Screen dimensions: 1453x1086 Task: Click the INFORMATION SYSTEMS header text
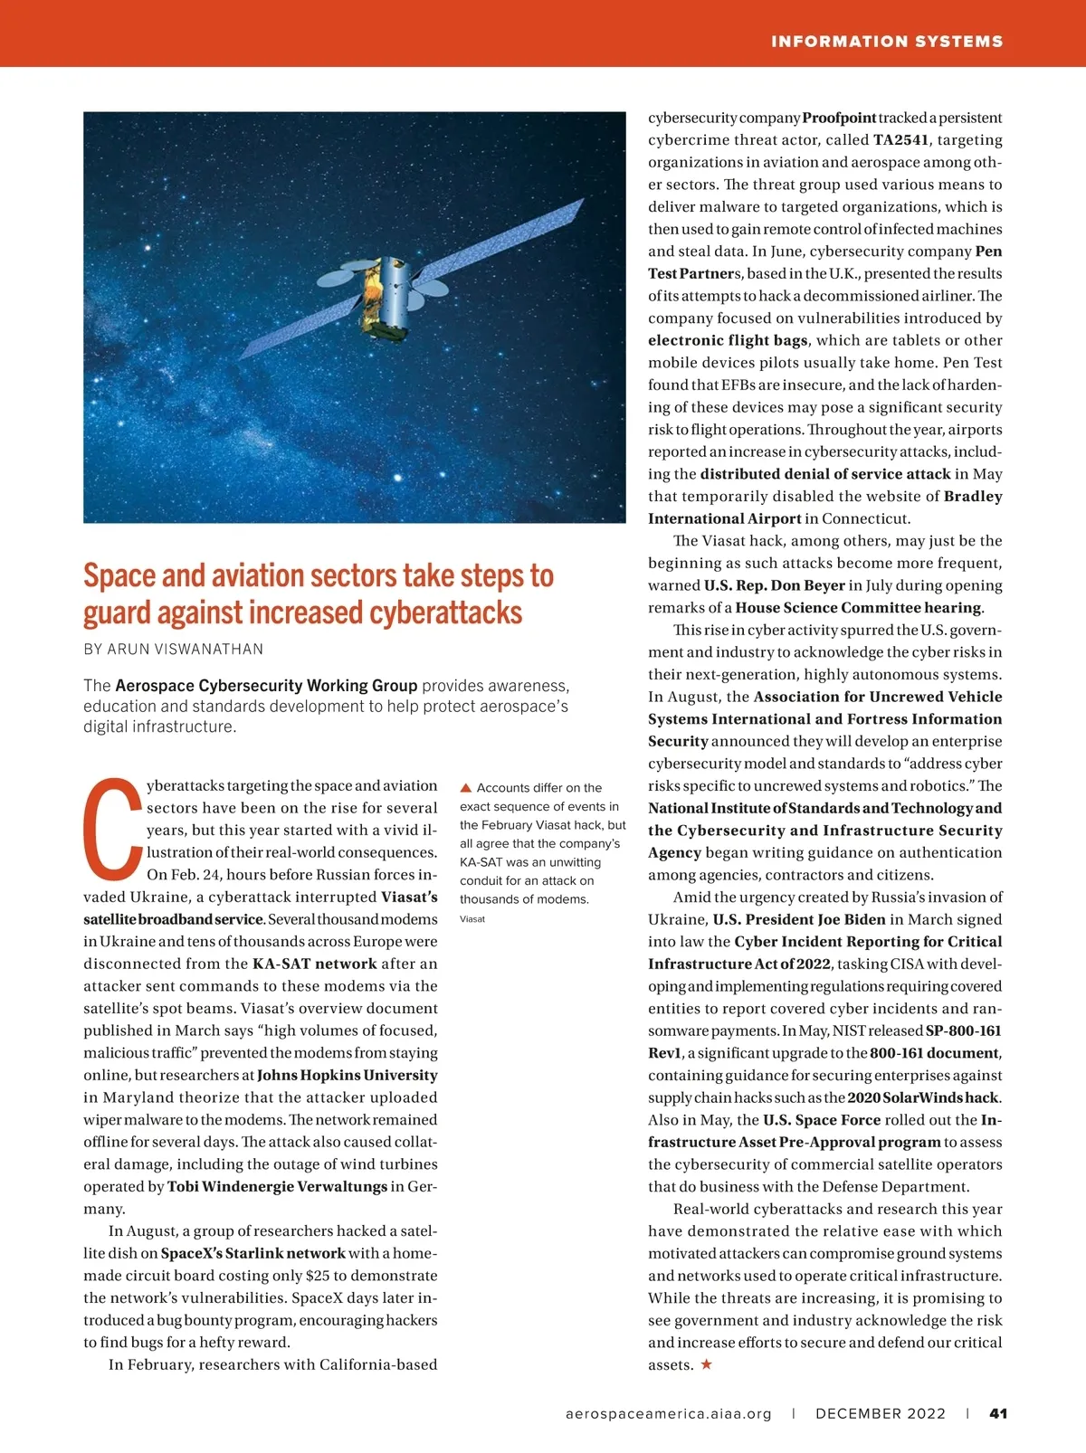[x=886, y=42]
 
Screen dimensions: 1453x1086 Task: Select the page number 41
[x=998, y=1413]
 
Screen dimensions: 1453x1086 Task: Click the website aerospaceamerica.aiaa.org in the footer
[x=668, y=1413]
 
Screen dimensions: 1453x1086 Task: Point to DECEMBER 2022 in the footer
[x=880, y=1413]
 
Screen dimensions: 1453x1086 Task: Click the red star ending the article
[x=707, y=1364]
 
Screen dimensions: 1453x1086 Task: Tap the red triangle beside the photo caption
[x=466, y=788]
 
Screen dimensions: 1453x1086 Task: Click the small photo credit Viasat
[x=472, y=919]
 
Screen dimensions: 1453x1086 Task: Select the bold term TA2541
[x=900, y=140]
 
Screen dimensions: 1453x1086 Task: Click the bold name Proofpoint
[x=839, y=118]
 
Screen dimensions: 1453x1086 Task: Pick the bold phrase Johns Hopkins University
[x=347, y=1076]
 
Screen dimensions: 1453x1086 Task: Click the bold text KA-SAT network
[x=314, y=964]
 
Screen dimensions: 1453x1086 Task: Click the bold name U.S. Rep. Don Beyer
[x=774, y=585]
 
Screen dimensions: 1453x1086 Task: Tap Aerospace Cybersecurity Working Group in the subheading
[x=266, y=686]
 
